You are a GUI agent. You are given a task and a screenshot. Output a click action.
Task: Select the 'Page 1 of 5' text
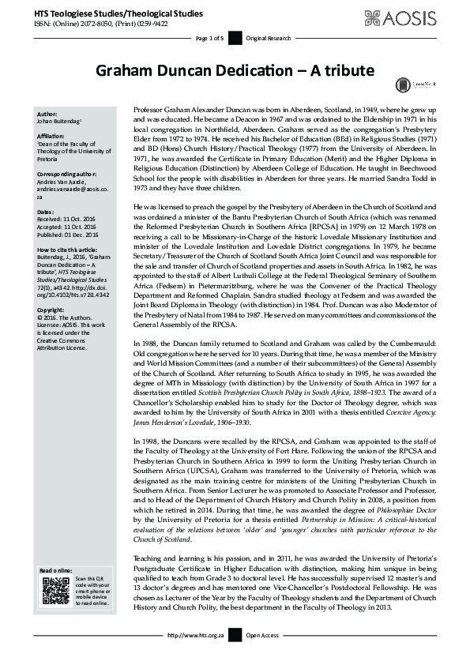coord(209,38)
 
